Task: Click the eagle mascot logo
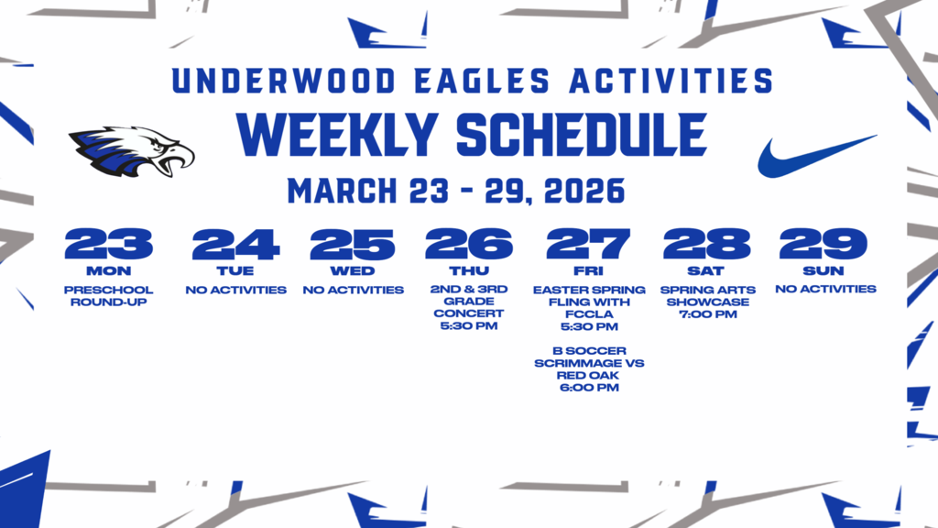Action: coord(132,150)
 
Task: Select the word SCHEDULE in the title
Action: coord(581,137)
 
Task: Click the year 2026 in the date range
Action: coord(584,191)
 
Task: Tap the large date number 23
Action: coord(109,244)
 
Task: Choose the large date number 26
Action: coord(469,244)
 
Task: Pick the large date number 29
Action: coord(823,244)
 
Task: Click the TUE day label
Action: coord(235,271)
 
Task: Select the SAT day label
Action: coord(706,271)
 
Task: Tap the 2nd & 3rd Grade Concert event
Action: coord(469,302)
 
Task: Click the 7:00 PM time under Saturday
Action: coord(707,314)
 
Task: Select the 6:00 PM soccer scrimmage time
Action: coord(589,388)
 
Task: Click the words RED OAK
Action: coord(589,376)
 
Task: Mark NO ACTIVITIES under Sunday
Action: coord(825,290)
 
